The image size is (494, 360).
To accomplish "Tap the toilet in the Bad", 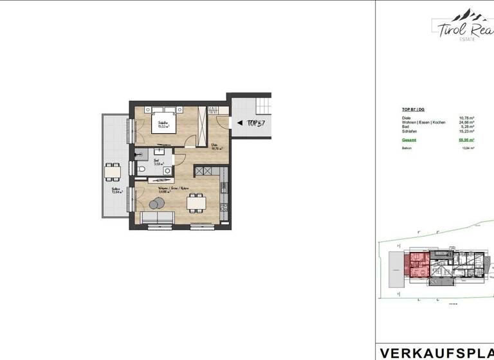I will point(142,168).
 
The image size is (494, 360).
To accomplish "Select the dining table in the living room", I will point(196,202).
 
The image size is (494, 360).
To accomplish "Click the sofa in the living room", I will point(158,221).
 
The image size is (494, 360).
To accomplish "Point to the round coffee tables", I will point(156,204).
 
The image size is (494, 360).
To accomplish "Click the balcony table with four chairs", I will point(113,172).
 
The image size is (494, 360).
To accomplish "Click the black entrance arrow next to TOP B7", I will point(240,122).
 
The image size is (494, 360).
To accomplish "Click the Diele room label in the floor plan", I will point(215,147).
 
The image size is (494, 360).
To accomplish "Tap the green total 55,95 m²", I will point(466,139).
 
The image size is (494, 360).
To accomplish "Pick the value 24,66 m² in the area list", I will point(466,122).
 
